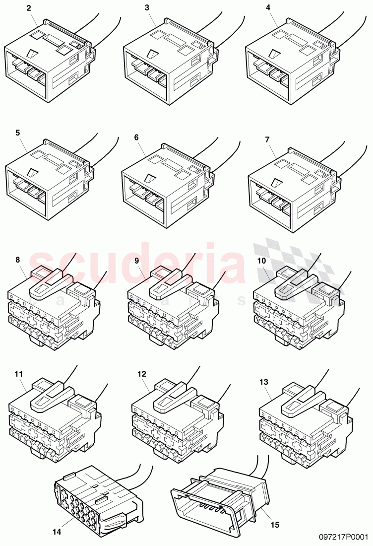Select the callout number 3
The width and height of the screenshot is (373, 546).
[x=147, y=8]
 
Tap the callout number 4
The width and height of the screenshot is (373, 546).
[x=268, y=8]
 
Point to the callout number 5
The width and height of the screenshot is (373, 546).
[x=18, y=133]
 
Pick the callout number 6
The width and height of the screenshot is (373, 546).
[x=136, y=137]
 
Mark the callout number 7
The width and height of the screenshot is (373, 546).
[x=267, y=139]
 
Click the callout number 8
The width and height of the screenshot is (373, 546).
[x=18, y=260]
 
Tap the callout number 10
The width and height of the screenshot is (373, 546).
[x=261, y=260]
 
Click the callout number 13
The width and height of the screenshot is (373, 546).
[x=263, y=382]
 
